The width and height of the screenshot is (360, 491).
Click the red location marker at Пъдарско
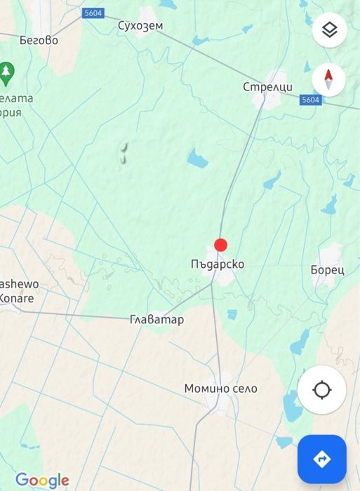point(220,245)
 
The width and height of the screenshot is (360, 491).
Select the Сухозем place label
point(140,27)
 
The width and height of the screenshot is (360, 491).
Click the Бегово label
point(39,40)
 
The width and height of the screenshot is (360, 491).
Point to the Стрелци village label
point(267,87)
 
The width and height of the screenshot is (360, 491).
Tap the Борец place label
point(327,269)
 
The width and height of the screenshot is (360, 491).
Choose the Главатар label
point(157,320)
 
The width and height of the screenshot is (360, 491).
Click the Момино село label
point(220,388)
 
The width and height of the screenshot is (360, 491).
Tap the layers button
point(329,31)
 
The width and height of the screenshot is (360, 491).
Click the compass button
point(329,80)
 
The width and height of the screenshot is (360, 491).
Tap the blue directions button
point(322,459)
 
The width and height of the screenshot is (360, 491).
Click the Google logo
point(42,480)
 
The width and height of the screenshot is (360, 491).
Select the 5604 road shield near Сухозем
point(91,13)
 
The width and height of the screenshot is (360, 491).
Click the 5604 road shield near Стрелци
point(310,100)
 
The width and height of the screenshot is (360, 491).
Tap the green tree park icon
point(7,70)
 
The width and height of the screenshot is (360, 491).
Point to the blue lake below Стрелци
point(197,160)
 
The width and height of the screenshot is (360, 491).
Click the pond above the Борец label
point(328,204)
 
